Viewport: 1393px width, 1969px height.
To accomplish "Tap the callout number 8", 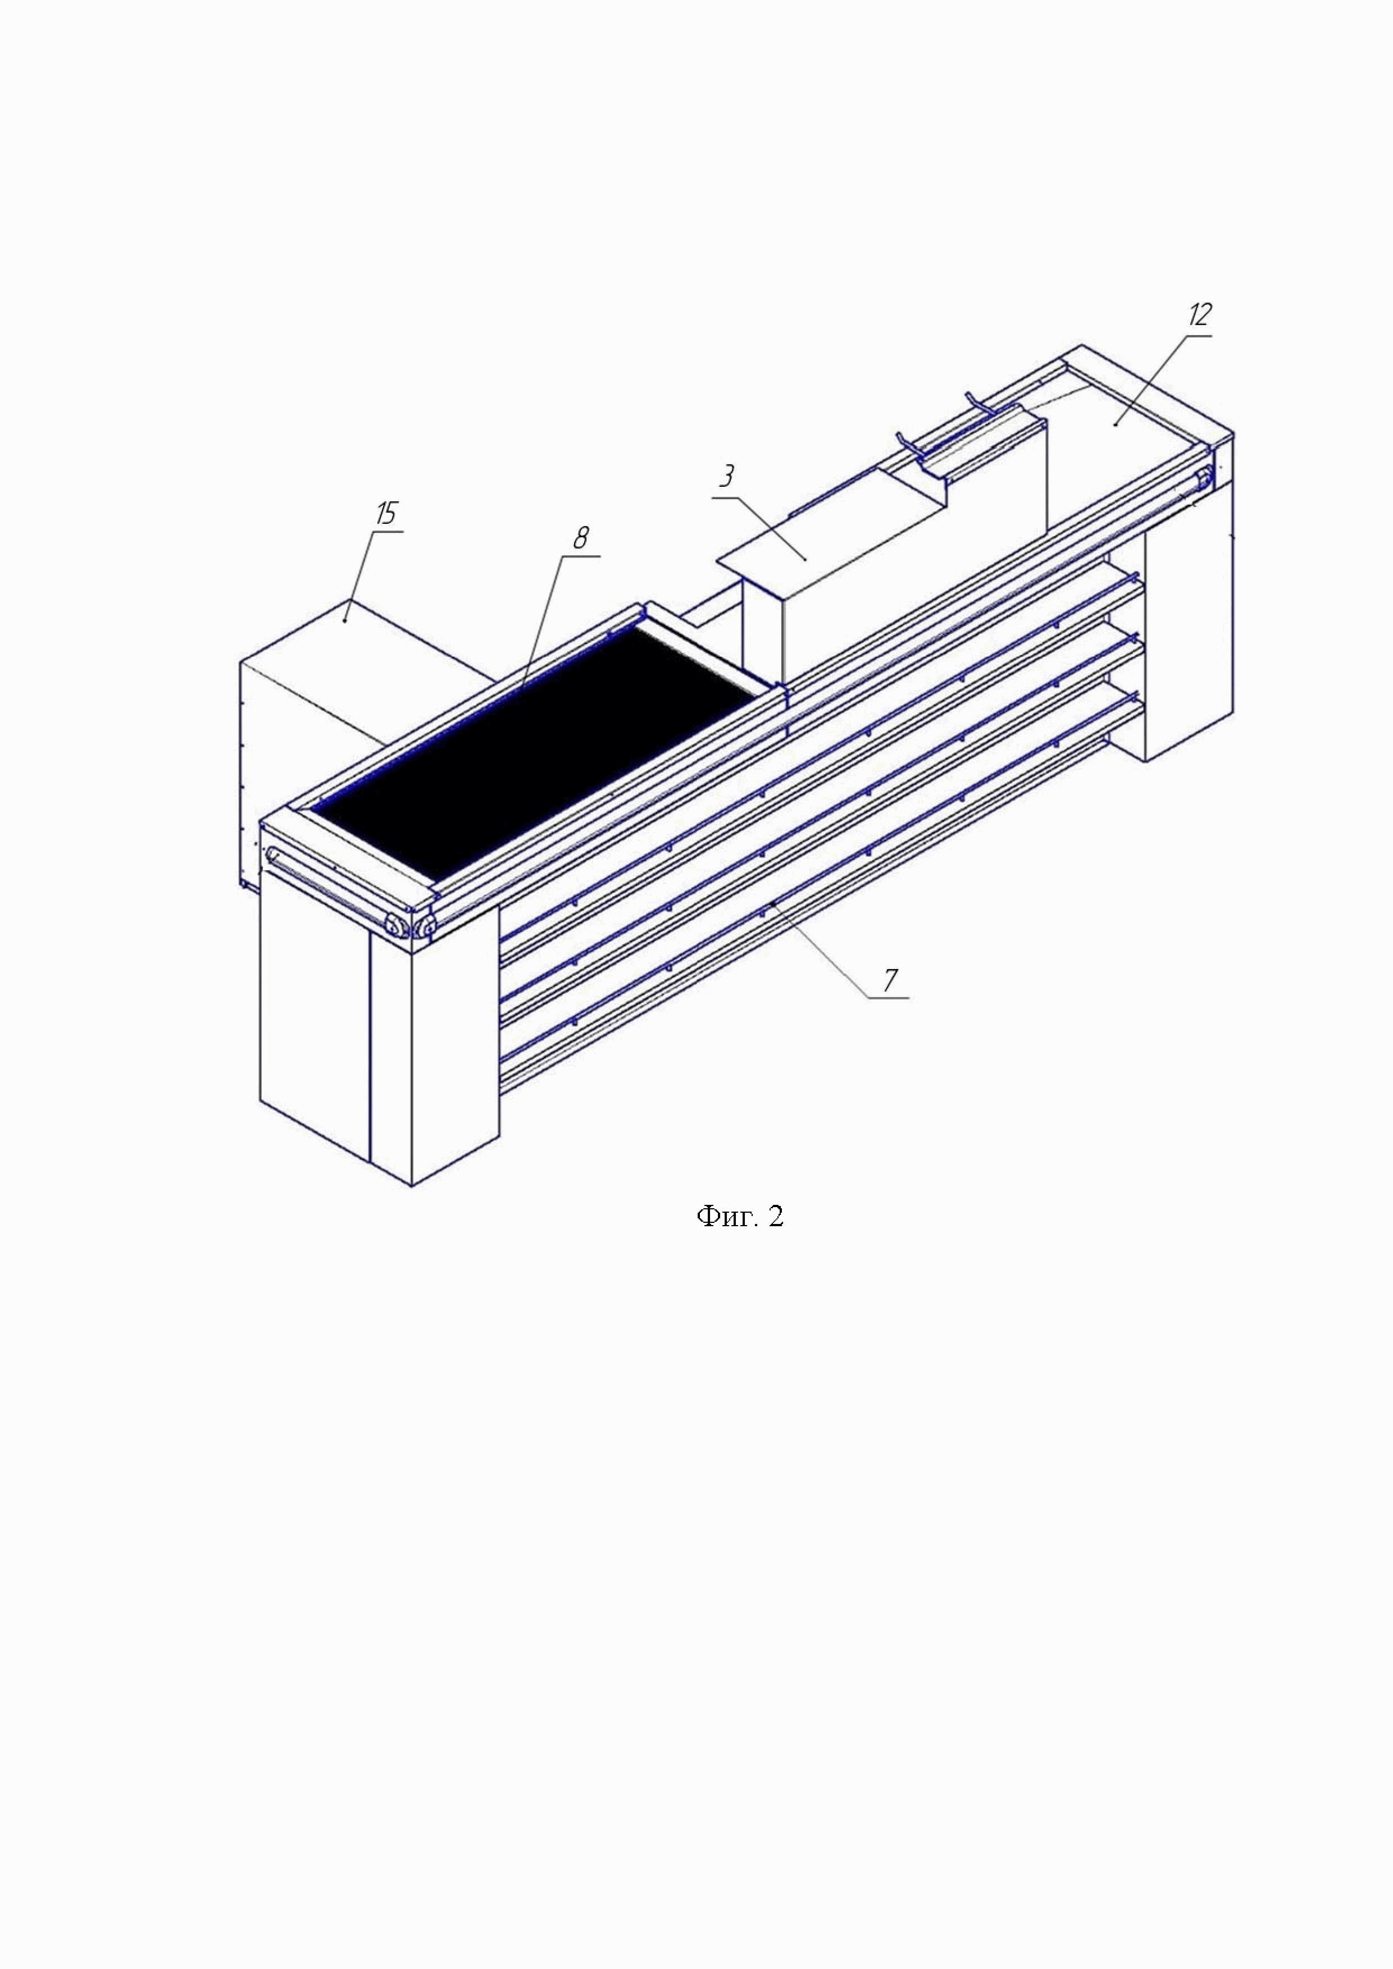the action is [x=581, y=538].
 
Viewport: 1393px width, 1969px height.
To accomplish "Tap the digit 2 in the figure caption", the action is [x=775, y=1216].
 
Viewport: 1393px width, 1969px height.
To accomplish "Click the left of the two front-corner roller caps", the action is [x=397, y=925].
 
